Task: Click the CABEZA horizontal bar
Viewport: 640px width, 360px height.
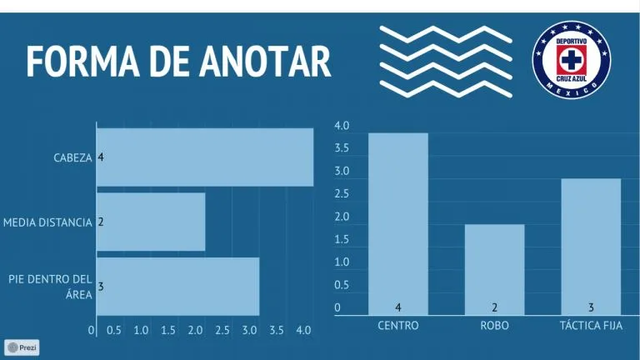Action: [x=205, y=157]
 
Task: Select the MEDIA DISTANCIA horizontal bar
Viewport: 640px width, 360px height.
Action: [x=151, y=222]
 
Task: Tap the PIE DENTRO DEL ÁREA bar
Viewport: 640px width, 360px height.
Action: [x=177, y=286]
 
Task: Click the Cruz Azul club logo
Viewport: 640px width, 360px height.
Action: [x=572, y=57]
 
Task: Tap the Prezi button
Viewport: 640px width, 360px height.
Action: [x=22, y=347]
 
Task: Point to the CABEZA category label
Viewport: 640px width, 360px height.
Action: [x=73, y=157]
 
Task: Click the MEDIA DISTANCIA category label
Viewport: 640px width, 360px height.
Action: [x=47, y=222]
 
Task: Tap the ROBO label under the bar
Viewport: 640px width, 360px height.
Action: [x=495, y=325]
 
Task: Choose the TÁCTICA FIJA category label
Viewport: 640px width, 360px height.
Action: [x=591, y=325]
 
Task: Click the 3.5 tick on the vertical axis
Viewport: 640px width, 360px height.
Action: [x=342, y=149]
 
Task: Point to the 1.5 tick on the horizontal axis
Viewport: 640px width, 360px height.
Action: [x=168, y=330]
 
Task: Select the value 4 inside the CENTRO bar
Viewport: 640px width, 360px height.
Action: [x=398, y=307]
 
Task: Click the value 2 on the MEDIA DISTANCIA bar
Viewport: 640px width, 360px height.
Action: [x=101, y=222]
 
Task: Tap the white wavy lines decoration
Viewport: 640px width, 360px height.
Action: [x=446, y=58]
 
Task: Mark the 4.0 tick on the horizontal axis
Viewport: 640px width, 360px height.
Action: [x=303, y=330]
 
